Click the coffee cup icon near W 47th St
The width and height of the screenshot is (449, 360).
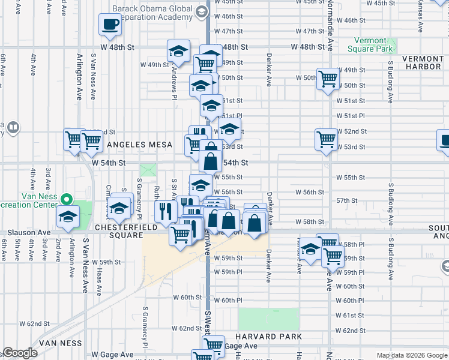tap(110, 25)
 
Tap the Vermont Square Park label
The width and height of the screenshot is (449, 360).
tap(370, 44)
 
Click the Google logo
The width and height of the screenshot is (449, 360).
tap(20, 353)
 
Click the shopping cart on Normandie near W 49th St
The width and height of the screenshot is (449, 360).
tap(328, 79)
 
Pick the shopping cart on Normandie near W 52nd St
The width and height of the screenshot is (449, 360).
tap(326, 139)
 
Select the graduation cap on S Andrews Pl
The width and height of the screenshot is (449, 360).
tap(178, 52)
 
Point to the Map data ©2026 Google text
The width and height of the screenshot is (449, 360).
tap(412, 355)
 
